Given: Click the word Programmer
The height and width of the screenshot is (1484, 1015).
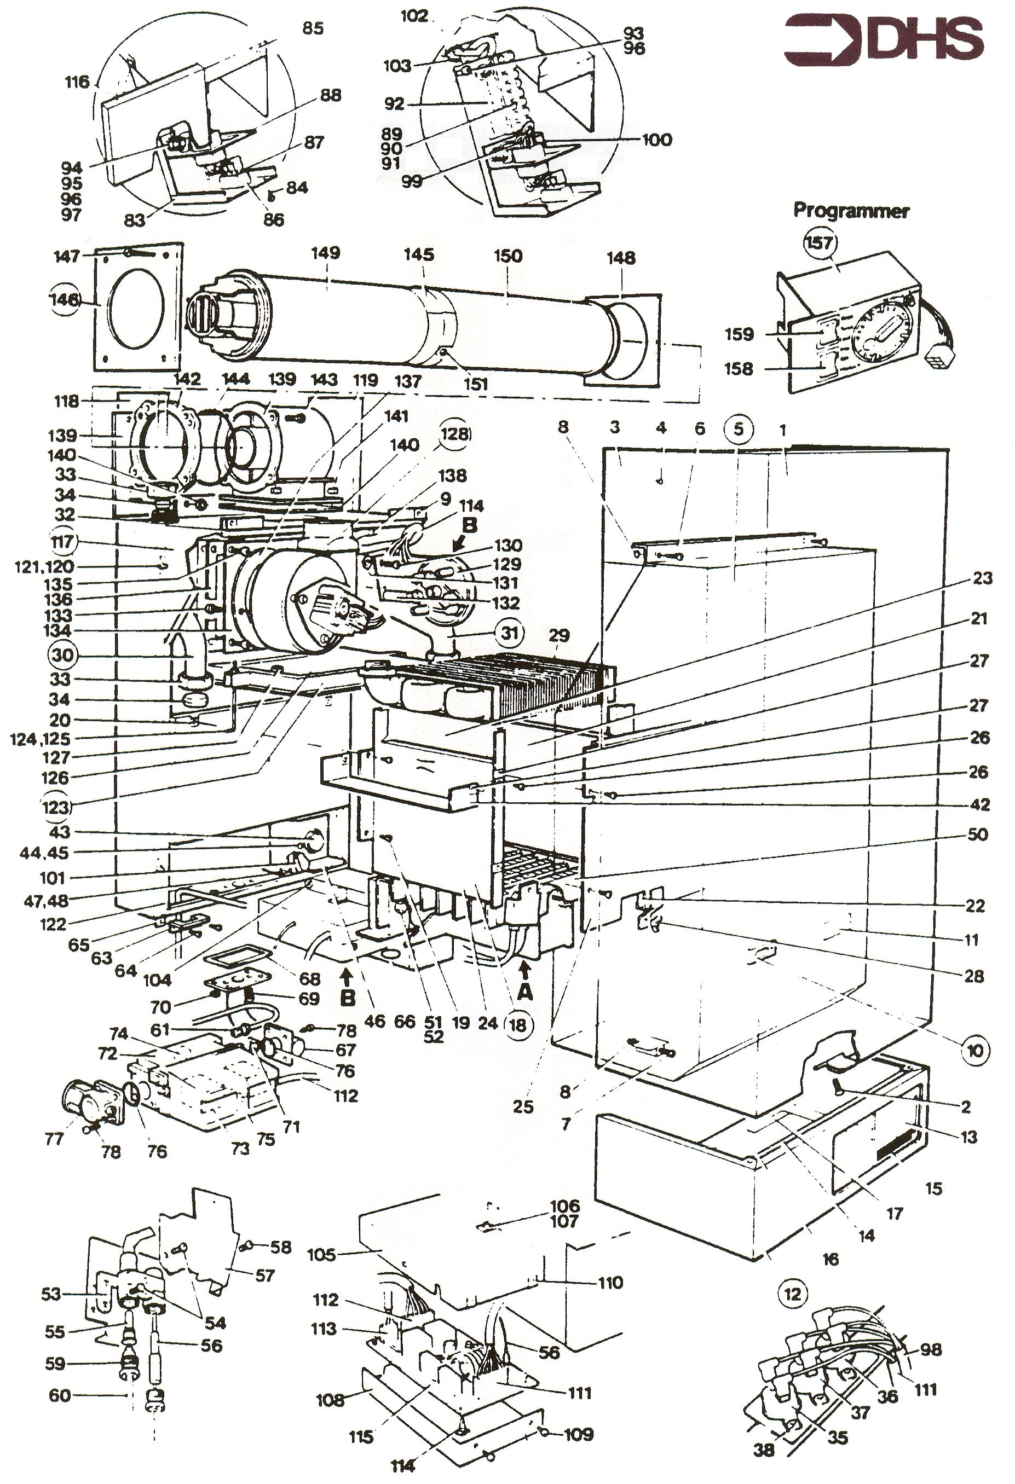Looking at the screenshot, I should tap(851, 211).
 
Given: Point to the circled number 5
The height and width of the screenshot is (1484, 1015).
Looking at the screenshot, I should tap(739, 429).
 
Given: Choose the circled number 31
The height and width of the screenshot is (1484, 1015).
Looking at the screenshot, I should tap(509, 634).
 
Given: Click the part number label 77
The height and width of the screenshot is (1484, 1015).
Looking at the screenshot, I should tap(54, 1138).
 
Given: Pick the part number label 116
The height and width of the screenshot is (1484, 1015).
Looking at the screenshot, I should tap(77, 83).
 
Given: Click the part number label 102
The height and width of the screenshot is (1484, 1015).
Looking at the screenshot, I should tap(414, 16).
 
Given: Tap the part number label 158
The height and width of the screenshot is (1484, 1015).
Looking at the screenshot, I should tap(739, 369).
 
